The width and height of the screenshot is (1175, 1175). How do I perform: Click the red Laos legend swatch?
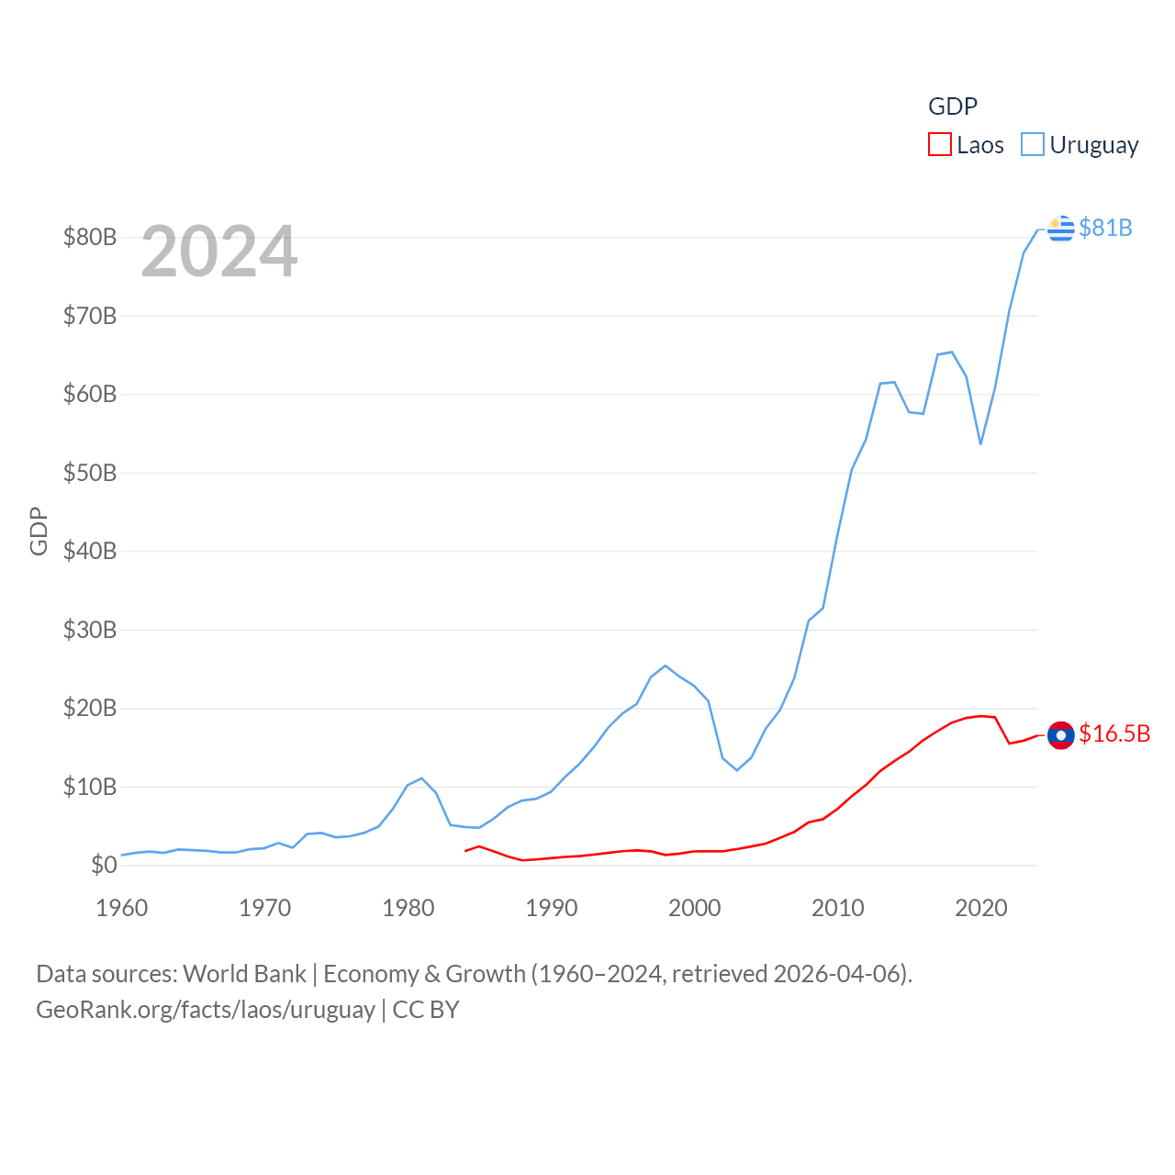click(x=940, y=145)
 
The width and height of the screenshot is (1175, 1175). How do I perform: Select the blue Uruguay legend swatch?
click(x=1033, y=145)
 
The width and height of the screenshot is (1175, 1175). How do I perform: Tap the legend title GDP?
click(x=953, y=106)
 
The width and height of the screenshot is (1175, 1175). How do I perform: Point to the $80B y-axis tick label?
click(x=90, y=237)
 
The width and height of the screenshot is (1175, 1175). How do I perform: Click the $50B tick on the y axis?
click(x=90, y=473)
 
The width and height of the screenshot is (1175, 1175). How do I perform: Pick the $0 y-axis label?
click(x=104, y=865)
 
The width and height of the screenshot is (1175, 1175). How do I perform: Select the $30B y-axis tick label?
click(x=90, y=630)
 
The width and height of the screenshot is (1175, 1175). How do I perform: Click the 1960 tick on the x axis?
click(x=122, y=908)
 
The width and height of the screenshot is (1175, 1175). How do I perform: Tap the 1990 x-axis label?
click(x=552, y=908)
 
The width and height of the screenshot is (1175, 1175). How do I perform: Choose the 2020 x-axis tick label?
click(x=981, y=908)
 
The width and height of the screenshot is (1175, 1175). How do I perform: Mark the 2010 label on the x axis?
click(x=838, y=908)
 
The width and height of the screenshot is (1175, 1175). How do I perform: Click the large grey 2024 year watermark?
click(x=219, y=252)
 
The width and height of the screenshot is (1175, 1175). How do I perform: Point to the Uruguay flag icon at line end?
click(x=1060, y=228)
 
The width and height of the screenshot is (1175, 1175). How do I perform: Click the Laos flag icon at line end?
click(x=1060, y=735)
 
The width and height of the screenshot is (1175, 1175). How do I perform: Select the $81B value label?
click(x=1105, y=228)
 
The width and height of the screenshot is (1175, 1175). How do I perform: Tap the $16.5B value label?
click(x=1114, y=733)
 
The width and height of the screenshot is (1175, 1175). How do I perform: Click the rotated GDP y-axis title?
click(x=39, y=531)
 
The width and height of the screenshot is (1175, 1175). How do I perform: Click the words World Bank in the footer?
click(x=244, y=974)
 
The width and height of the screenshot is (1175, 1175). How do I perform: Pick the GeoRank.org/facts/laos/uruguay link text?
click(x=206, y=1010)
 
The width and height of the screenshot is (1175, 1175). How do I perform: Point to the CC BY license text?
click(x=426, y=1010)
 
